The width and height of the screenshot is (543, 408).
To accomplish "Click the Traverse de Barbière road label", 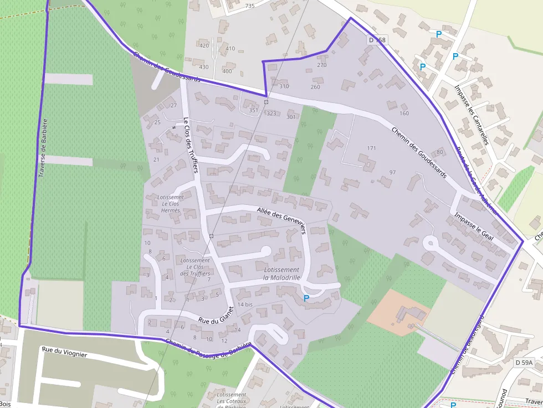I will [43, 147].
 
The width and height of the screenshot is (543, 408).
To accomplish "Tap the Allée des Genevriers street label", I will [282, 220].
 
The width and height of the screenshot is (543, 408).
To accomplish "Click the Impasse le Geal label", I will [474, 225].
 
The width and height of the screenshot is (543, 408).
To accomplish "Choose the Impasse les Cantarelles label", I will [470, 114].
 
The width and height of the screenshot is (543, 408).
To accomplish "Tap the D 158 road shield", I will [376, 40].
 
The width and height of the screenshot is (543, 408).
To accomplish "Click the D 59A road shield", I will [523, 362].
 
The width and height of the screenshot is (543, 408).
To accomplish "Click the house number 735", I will [249, 6].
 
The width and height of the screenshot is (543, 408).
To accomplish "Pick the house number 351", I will [254, 110].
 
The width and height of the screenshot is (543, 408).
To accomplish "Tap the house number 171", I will [371, 148].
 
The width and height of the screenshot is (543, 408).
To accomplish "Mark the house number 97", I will [392, 172].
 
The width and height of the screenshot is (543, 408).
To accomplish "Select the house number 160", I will [403, 113].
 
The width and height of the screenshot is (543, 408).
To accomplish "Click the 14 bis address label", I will [245, 304].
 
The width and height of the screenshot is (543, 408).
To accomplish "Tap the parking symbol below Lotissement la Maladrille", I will [306, 298].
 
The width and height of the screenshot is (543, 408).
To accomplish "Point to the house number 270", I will [322, 65].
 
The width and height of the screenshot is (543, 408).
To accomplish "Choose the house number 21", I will [156, 159].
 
